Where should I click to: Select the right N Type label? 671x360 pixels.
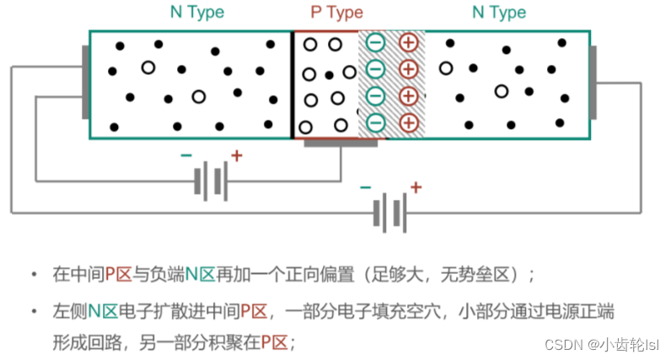point(498,13)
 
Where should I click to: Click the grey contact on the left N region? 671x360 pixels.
point(85,82)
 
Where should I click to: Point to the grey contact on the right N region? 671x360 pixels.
point(593,82)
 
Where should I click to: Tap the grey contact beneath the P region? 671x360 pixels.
point(341,142)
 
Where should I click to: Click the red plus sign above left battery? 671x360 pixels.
point(236,156)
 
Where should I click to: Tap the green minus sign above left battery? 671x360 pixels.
point(185,156)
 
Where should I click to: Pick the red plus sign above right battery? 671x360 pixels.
point(415,187)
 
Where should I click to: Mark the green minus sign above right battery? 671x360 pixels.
point(365,187)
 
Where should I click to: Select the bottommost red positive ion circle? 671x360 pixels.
point(408,122)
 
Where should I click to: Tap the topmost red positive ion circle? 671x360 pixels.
point(408,42)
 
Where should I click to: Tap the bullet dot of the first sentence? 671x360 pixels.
point(34,275)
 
